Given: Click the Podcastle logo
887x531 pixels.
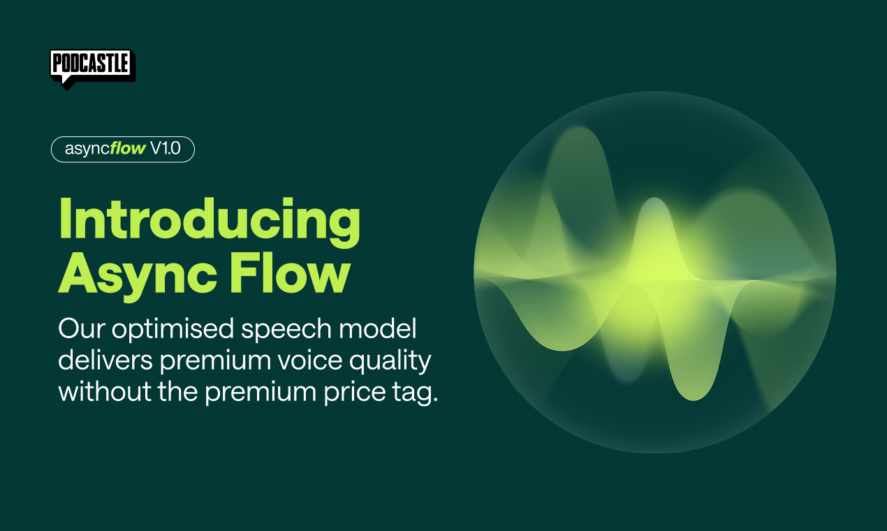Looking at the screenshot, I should click(x=90, y=64).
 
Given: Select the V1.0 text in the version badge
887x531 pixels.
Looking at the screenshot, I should click(x=166, y=149).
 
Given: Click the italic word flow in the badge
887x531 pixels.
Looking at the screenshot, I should click(x=128, y=149).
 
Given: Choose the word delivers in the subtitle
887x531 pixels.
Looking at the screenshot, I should click(x=103, y=361).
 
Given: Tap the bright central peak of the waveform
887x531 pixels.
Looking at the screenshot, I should click(x=653, y=210).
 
